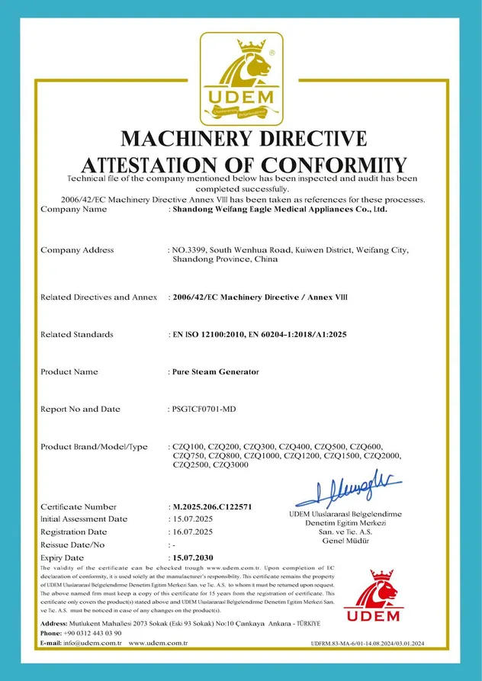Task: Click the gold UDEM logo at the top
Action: [241, 79]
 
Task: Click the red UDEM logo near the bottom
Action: [371, 595]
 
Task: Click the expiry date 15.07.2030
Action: [194, 558]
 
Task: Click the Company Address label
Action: [77, 250]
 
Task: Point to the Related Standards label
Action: [76, 334]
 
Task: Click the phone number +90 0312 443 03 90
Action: [92, 633]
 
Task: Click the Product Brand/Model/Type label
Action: [94, 447]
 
